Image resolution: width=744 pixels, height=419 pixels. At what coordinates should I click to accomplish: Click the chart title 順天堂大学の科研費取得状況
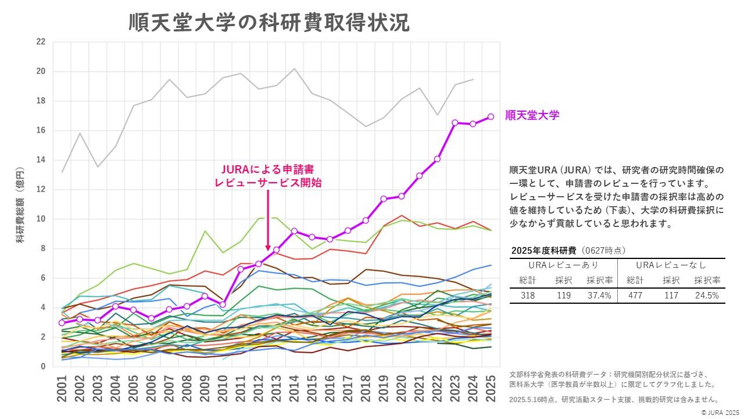[269, 23]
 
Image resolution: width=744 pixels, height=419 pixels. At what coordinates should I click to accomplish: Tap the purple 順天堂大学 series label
[532, 115]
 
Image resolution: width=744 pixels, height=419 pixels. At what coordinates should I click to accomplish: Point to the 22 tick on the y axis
[40, 42]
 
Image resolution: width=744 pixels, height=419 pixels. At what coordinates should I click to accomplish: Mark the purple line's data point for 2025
[491, 116]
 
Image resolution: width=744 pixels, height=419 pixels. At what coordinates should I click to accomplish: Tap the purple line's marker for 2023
[455, 123]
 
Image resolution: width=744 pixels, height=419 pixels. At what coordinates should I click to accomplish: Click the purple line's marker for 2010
[223, 304]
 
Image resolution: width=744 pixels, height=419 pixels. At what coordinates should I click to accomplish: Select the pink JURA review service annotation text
[267, 176]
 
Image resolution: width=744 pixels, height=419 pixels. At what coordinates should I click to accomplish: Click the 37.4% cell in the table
[599, 296]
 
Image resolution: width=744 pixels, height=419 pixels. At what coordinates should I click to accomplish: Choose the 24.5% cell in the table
[706, 296]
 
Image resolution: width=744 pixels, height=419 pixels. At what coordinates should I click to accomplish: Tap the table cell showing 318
[528, 296]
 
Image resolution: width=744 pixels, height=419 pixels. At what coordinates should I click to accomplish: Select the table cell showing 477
[635, 296]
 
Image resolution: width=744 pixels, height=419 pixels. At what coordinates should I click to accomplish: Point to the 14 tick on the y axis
[40, 160]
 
